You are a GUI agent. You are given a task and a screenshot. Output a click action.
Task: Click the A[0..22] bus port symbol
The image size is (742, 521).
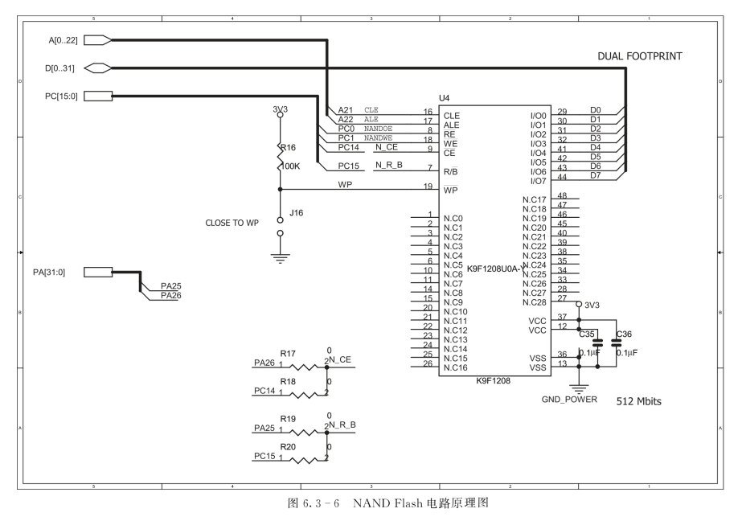pos(97,39)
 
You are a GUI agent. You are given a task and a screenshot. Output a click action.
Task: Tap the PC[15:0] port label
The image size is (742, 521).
pos(59,96)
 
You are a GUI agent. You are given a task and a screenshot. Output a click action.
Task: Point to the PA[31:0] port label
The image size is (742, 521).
pos(59,272)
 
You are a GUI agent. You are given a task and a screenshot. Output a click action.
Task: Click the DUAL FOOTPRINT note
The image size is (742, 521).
pos(639,58)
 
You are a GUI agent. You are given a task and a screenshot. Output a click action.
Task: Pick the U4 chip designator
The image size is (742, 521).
pos(444,99)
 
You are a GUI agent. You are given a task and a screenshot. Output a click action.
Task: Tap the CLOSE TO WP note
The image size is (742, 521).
pos(232,223)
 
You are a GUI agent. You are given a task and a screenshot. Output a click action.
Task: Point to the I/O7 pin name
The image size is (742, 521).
pos(538,181)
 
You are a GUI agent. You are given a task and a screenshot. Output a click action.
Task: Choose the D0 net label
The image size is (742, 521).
pos(595,109)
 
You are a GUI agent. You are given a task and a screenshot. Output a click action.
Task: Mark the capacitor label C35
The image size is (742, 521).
pos(588,334)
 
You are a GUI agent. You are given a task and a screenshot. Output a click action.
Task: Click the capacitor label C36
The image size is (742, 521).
pos(623,334)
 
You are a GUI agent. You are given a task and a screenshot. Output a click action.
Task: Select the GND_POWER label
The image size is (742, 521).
pos(569,399)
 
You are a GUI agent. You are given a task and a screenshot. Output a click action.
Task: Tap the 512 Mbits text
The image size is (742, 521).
pos(638,400)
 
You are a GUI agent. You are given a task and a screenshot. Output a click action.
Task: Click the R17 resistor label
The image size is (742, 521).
pos(287,353)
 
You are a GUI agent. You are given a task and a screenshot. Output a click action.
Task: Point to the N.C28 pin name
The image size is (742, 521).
pos(534,302)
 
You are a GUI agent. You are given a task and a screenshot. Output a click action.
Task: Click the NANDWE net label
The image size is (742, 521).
pos(378,137)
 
